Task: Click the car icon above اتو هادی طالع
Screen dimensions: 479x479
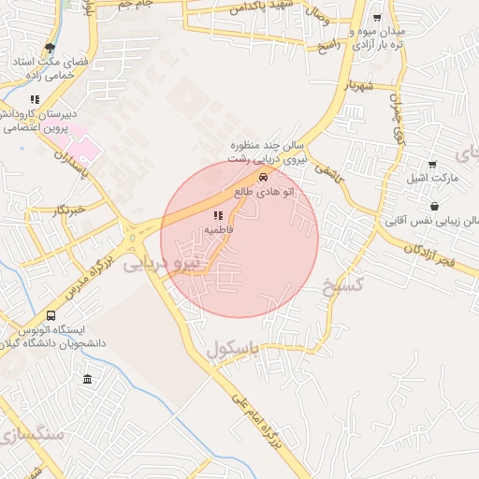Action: [x=264, y=176]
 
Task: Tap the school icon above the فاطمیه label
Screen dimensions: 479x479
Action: [x=218, y=216]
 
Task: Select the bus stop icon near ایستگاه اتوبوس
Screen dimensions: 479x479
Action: [x=51, y=316]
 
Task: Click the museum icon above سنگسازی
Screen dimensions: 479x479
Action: [x=87, y=379]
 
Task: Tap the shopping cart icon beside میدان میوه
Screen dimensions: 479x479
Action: [x=376, y=19]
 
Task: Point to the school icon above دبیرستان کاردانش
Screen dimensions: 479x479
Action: [x=36, y=99]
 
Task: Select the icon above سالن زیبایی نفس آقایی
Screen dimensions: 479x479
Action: [x=434, y=206]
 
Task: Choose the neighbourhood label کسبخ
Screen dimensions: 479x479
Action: [x=341, y=283]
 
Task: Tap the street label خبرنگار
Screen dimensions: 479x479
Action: [x=69, y=210]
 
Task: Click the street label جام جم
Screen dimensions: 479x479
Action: [x=138, y=6]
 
